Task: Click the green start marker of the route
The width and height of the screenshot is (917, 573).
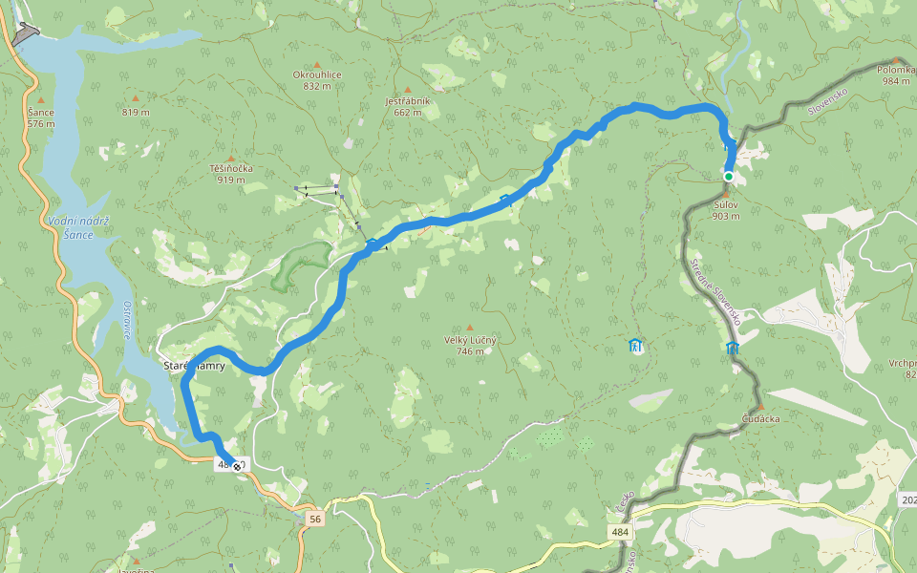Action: click(x=728, y=177)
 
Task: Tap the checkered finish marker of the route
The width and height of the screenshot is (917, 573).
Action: click(x=237, y=466)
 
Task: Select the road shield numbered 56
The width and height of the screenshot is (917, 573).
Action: click(x=314, y=519)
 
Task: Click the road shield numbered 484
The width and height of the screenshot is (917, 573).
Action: click(x=621, y=530)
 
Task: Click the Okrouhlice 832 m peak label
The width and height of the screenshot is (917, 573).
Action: click(x=316, y=80)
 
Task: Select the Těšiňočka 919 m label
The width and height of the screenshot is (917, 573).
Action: click(x=230, y=174)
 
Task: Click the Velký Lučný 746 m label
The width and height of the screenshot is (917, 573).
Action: click(x=469, y=345)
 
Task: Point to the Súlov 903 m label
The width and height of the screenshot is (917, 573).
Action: click(x=726, y=210)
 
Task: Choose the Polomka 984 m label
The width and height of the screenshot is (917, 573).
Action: click(x=895, y=75)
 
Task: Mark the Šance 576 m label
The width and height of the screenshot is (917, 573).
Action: click(x=40, y=117)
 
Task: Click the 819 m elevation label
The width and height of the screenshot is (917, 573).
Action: click(x=136, y=113)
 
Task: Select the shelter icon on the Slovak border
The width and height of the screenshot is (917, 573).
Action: click(x=733, y=348)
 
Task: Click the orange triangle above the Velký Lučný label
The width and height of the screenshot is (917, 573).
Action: click(x=469, y=328)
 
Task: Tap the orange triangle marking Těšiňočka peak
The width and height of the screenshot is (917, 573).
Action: click(x=230, y=158)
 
